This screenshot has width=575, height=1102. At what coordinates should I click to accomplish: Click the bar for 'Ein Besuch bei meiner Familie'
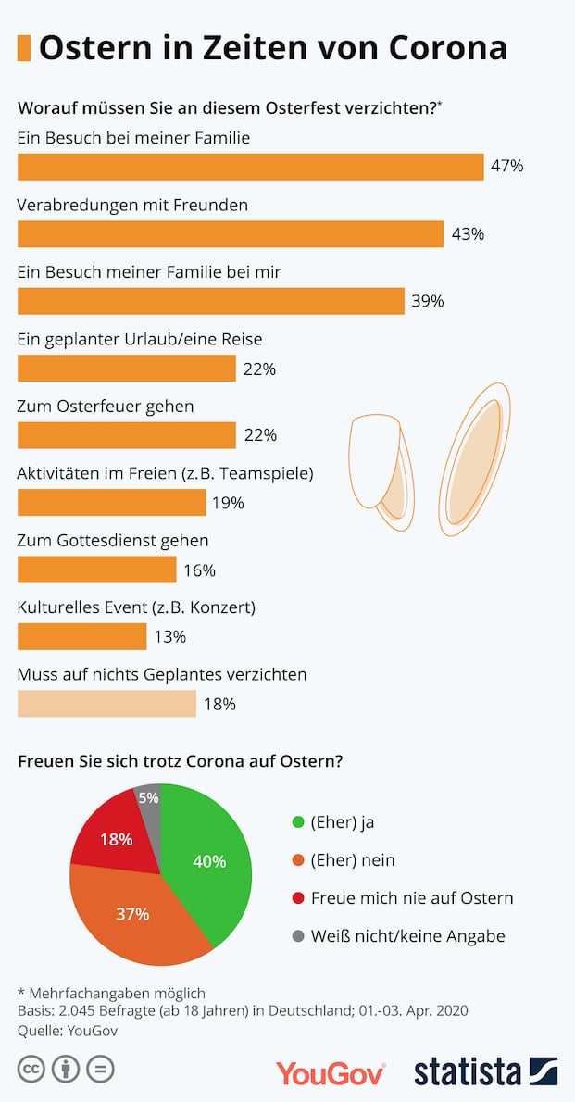[x=250, y=167]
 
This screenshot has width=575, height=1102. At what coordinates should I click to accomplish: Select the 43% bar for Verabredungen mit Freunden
[x=231, y=234]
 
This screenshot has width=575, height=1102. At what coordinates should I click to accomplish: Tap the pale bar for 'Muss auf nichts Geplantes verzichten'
[x=106, y=704]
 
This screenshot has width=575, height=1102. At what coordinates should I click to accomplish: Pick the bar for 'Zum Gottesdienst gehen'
[x=96, y=570]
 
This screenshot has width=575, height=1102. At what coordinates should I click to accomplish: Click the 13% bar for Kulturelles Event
[x=81, y=636]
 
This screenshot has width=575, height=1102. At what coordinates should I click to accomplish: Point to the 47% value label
[x=507, y=167]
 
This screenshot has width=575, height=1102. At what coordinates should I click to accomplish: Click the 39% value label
[x=428, y=301]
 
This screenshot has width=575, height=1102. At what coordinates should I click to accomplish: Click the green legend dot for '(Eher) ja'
[x=297, y=821]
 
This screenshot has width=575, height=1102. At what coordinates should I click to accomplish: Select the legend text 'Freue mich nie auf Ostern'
[x=412, y=898]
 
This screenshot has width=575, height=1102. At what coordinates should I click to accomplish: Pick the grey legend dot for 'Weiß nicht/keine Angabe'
[x=297, y=936]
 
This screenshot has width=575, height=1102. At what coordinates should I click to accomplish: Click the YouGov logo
[x=330, y=1072]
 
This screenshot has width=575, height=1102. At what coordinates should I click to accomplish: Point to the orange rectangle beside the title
[x=24, y=47]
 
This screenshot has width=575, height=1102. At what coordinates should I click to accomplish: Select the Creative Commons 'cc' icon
[x=31, y=1070]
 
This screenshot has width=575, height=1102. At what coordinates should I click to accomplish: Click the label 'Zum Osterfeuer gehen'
[x=106, y=407]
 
